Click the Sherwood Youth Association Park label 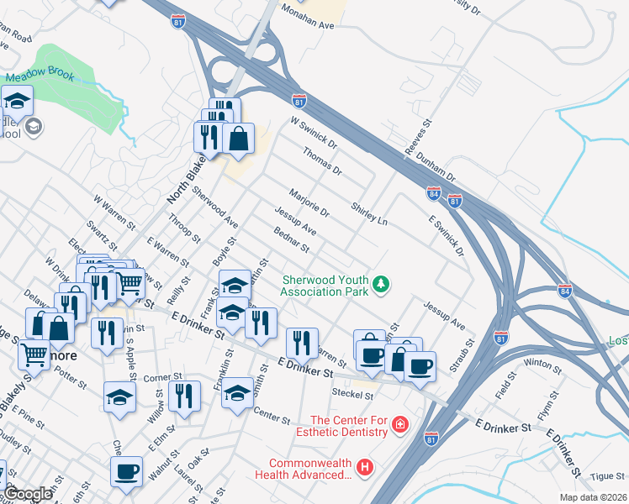coord(325,286)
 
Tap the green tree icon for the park coord(382,286)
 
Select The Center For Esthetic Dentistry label coord(349,426)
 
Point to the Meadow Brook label coord(40,76)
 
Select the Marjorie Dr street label coord(309,202)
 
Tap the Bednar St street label coord(292,240)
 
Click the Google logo coord(29,494)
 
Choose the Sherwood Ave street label coord(214,207)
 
